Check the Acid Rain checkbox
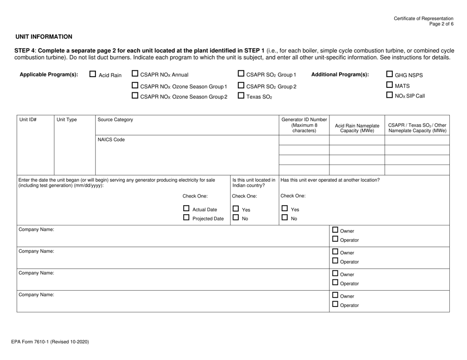93,75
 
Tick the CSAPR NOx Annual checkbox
135,75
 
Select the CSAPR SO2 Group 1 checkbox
241,75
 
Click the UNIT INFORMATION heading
44,37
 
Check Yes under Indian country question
236,209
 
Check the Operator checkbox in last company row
335,305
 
